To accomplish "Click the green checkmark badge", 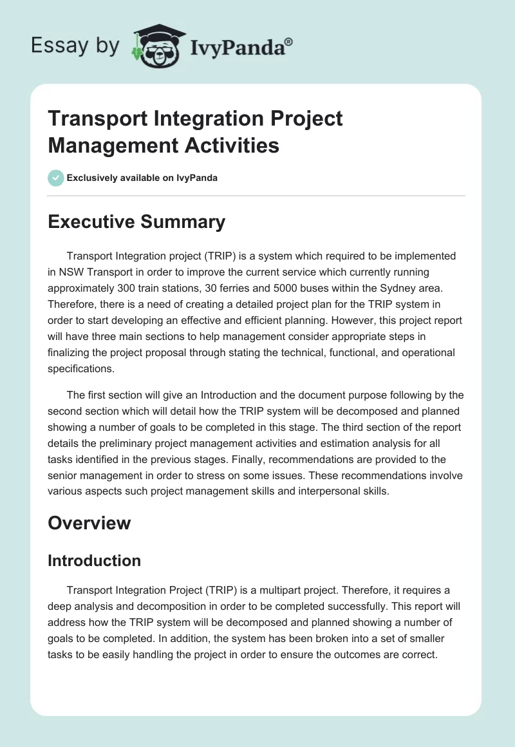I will coord(56,178).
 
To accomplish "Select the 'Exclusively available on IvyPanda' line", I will coord(142,178).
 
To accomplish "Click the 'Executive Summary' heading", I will coord(136,222).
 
